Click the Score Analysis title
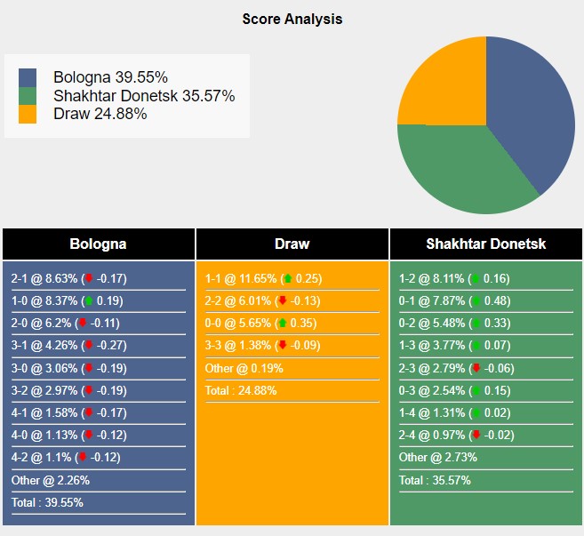[x=292, y=19]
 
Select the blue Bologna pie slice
[x=533, y=107]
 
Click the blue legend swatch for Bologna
[x=28, y=77]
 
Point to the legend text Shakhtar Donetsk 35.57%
[x=144, y=96]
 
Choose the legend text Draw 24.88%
[x=100, y=114]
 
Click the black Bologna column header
[x=98, y=244]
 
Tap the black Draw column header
[x=292, y=244]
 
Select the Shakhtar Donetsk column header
[x=485, y=244]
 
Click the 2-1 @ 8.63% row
[x=68, y=278]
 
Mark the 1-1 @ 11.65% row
[x=263, y=278]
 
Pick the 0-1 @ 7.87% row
[x=454, y=300]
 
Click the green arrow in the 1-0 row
[x=89, y=300]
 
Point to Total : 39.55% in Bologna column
[x=47, y=502]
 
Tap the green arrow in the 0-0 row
[x=283, y=324]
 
